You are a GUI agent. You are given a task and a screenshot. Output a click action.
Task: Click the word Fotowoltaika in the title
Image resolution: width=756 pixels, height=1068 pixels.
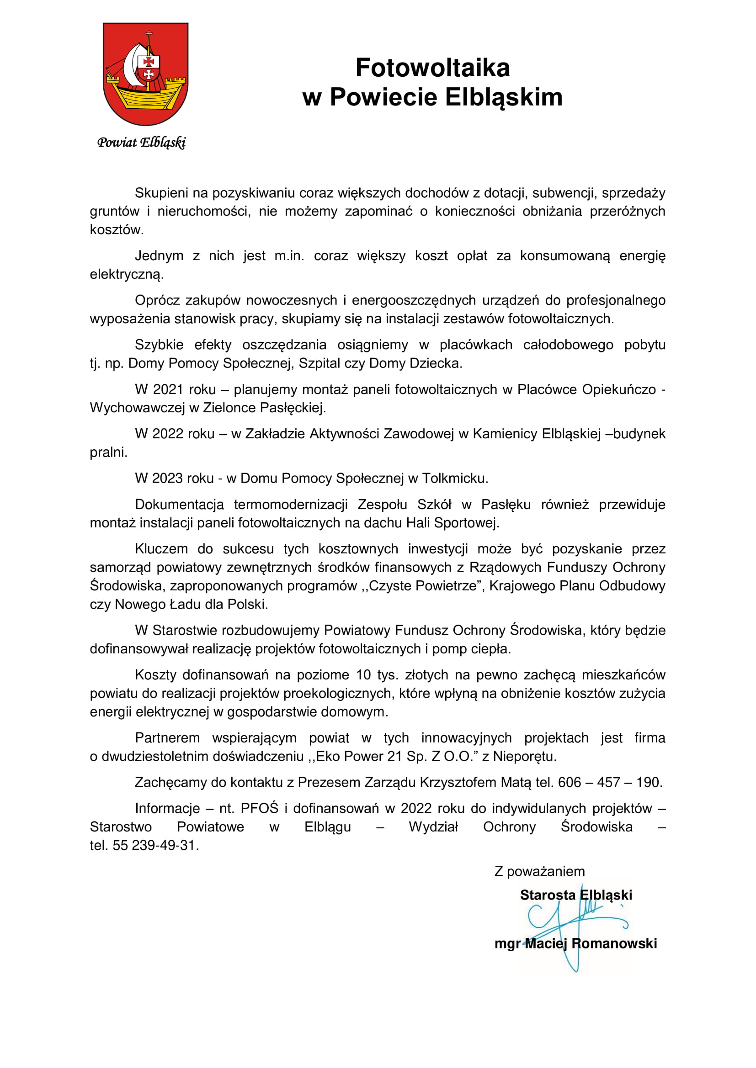(x=432, y=68)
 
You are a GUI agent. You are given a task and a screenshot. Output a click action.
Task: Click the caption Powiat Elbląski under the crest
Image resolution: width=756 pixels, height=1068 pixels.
(x=142, y=142)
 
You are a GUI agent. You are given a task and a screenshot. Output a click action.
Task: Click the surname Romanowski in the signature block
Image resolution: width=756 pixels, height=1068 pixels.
(x=614, y=943)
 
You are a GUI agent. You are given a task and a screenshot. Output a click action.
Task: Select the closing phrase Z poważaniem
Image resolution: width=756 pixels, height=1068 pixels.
(x=539, y=871)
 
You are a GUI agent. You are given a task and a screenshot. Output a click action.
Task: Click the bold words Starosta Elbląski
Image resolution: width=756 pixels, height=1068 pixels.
(x=576, y=895)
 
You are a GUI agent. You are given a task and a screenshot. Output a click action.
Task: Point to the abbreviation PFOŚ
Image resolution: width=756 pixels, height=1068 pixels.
(x=259, y=809)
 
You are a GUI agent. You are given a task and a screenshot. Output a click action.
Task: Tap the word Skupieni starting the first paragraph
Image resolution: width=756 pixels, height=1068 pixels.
(x=161, y=193)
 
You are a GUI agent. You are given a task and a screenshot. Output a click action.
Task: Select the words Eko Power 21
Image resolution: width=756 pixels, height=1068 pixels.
(x=358, y=756)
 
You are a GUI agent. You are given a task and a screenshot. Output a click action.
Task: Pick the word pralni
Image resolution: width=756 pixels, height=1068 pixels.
(x=108, y=452)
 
